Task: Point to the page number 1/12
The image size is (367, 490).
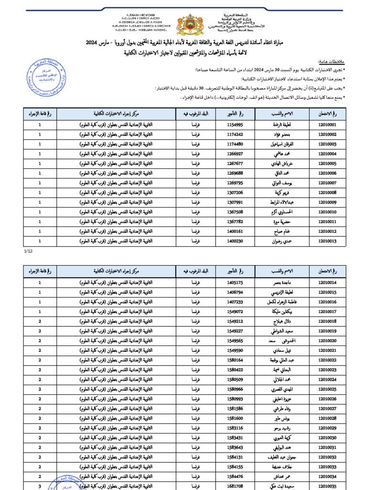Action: coord(28,250)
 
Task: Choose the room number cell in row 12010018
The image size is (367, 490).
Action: coord(40,322)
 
